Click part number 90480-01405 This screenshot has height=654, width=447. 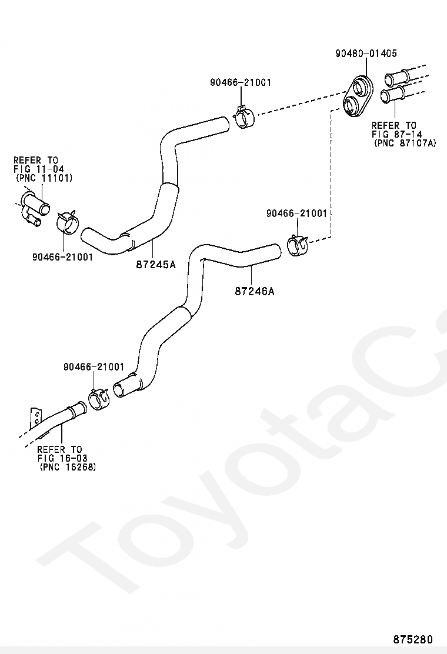coord(366,54)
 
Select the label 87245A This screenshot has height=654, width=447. coord(156,264)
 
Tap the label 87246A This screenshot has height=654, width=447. coord(254,291)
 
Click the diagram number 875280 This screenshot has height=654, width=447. coord(413,639)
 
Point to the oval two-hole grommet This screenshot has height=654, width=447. coord(358,95)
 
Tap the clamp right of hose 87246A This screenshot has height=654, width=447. coord(297,245)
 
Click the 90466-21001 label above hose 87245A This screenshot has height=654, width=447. coord(241,82)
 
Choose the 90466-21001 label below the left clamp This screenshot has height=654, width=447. coord(62,257)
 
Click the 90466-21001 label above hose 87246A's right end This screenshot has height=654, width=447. coord(297,213)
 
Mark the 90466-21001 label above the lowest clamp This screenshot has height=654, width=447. coord(94,367)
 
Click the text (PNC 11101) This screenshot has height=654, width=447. coord(44,178)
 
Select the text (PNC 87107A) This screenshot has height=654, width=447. coord(405,143)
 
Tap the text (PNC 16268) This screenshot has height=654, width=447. coord(68,467)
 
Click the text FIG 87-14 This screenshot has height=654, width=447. coord(396,134)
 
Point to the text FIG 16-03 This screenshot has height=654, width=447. coord(62,458)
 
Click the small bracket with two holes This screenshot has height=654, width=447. coord(36,418)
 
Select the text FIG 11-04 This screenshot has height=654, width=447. coord(39,169)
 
